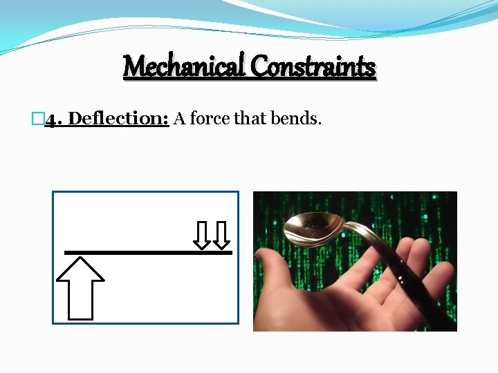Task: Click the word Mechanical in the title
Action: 184,67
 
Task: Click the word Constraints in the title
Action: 313,67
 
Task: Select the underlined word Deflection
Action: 119,119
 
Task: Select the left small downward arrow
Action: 201,235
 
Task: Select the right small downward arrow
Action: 221,235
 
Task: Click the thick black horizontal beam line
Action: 147,253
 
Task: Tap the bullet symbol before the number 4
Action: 39,119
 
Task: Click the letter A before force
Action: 179,119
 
